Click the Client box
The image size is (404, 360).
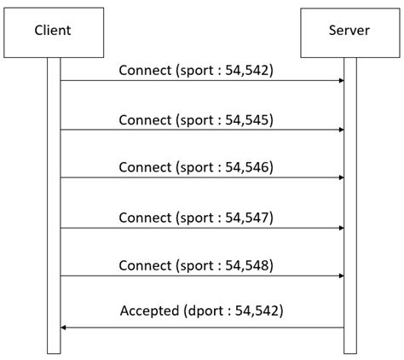(53, 32)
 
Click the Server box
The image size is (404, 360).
(349, 32)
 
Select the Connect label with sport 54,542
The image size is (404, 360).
(196, 71)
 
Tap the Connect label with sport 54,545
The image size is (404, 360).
(196, 119)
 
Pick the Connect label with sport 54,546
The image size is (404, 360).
(196, 167)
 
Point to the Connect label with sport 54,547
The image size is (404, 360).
(196, 217)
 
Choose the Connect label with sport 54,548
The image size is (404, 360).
(196, 265)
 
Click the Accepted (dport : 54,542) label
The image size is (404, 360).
(201, 312)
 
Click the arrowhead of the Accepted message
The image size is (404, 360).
(64, 327)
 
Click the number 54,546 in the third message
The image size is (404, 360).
(249, 167)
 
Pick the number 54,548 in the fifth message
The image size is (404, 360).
(249, 265)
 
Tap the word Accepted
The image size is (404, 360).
(149, 312)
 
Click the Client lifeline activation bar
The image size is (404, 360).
(54, 205)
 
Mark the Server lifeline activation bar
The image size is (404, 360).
(349, 205)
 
